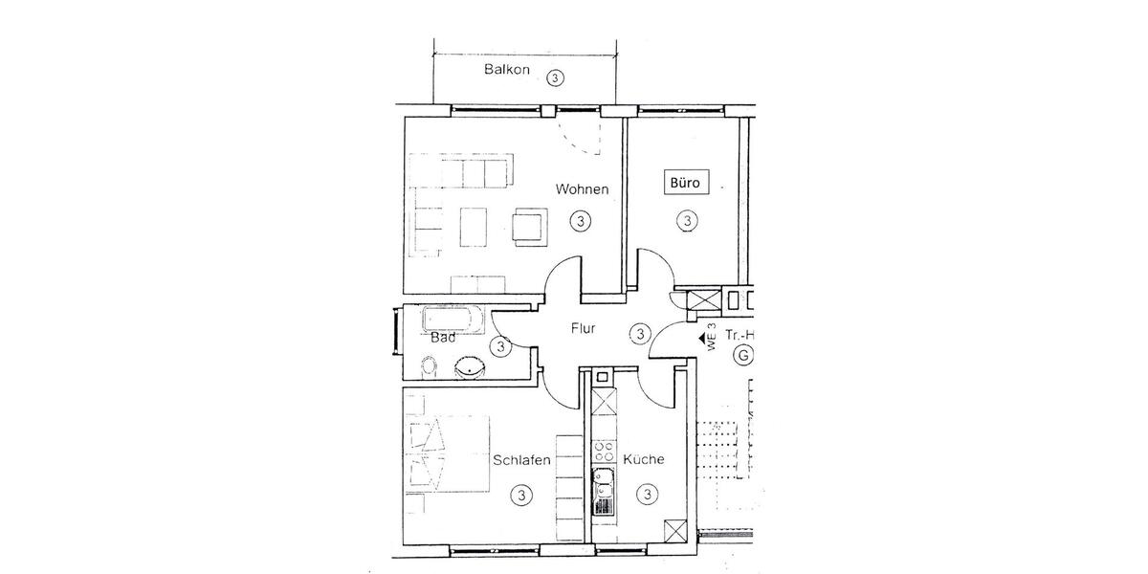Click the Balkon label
click(x=506, y=70)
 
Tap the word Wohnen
click(x=583, y=189)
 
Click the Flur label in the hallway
click(x=583, y=328)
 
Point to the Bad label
click(x=442, y=338)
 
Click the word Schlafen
click(x=521, y=460)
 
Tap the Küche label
click(x=644, y=460)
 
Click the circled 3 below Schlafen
click(x=521, y=496)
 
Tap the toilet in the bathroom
click(x=430, y=365)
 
